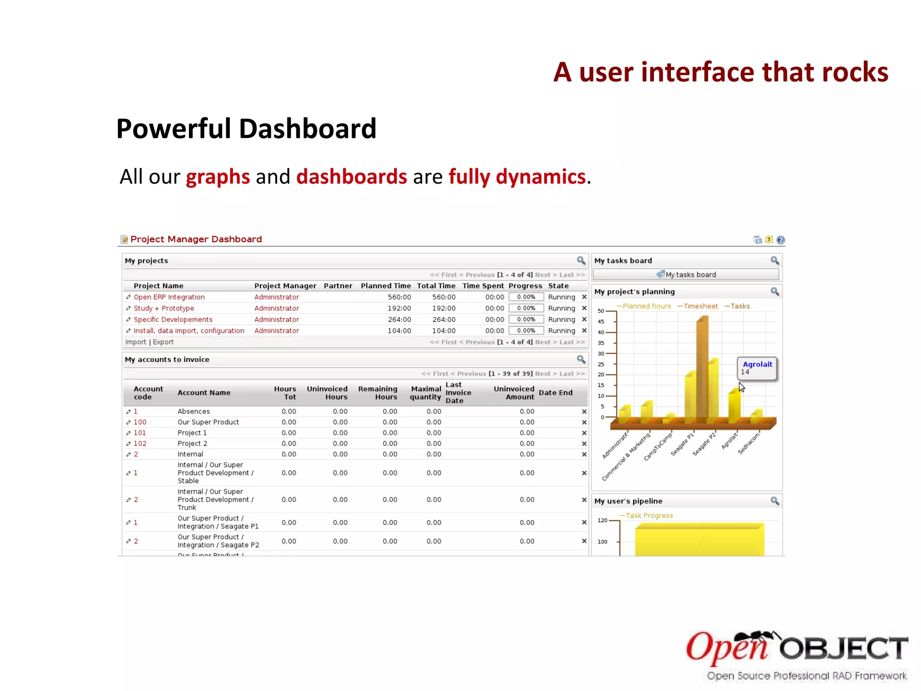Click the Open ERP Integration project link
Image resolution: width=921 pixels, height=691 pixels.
169,297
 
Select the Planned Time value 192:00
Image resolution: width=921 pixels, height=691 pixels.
399,308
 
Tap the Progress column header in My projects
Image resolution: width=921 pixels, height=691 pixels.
525,286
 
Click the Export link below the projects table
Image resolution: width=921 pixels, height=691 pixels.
163,342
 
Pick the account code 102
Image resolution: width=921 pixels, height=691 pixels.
140,444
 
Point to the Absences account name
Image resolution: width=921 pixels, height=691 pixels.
193,411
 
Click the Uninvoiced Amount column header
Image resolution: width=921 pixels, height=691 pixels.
514,393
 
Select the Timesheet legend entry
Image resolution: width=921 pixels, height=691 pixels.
700,306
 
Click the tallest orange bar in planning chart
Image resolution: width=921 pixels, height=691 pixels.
702,369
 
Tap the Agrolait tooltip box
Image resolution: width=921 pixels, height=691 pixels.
757,368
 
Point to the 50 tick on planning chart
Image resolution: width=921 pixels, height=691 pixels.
601,311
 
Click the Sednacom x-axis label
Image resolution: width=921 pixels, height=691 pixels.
749,444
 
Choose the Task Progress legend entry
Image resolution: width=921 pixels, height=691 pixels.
649,516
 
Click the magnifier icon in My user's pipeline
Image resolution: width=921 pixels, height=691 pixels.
774,501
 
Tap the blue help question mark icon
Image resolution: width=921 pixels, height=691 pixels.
781,240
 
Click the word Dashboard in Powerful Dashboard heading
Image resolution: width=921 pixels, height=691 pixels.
308,129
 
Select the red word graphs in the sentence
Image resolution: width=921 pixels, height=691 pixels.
218,177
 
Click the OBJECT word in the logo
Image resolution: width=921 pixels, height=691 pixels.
844,649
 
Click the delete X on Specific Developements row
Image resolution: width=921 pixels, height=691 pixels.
584,319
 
